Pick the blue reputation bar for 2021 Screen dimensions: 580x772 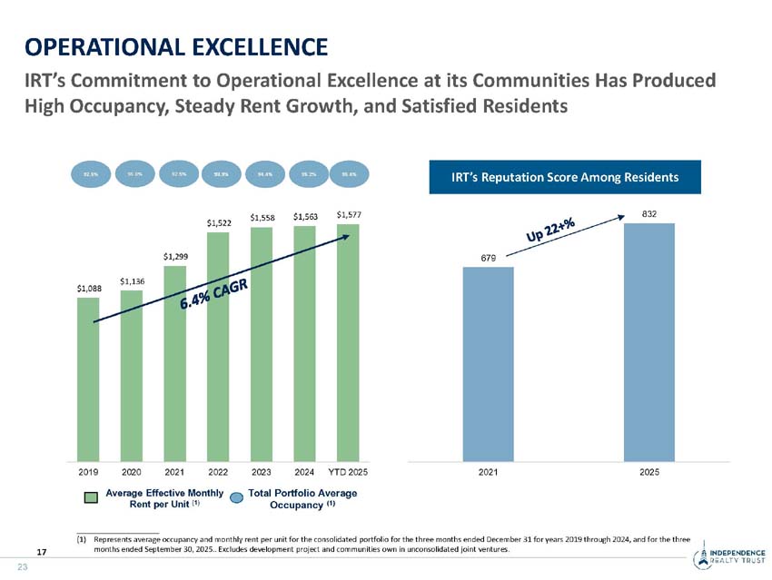click(488, 364)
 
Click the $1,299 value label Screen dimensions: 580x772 click(175, 257)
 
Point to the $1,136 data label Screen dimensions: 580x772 click(132, 280)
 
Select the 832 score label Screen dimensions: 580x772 click(648, 214)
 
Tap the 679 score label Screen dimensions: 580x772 click(488, 258)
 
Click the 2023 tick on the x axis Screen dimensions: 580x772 click(262, 472)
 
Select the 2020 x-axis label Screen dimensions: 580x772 click(132, 472)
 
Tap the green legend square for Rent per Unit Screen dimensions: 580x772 click(91, 497)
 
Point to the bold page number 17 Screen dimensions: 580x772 click(42, 551)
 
